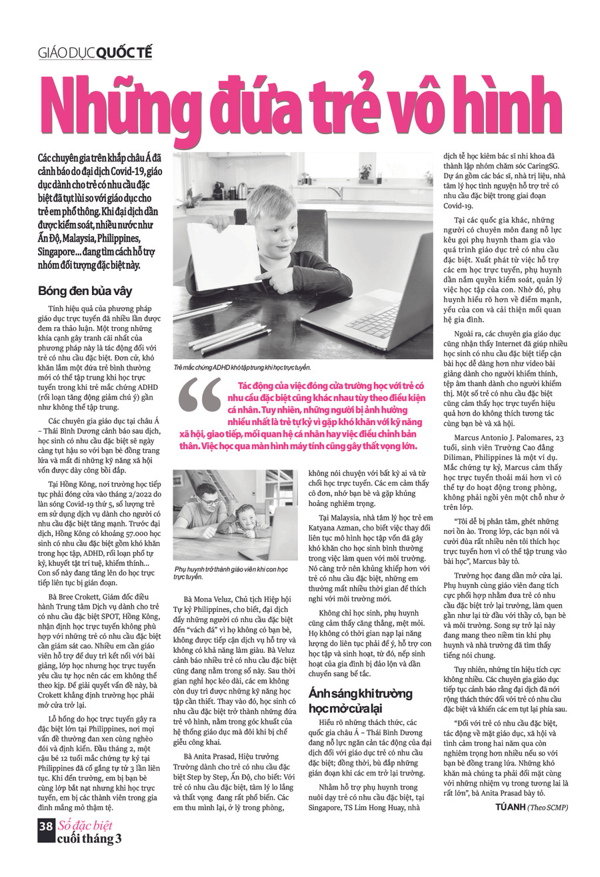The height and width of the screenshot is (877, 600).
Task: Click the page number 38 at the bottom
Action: pos(46,826)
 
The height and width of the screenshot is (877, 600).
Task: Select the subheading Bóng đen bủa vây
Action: pos(85,291)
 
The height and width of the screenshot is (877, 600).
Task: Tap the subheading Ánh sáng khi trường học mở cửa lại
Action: pos(360,700)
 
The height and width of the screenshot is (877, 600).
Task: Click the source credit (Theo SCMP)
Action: pos(547,807)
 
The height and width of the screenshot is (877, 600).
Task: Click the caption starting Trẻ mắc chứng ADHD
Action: pos(241,367)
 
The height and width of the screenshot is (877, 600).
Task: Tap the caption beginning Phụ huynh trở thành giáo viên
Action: pos(230,573)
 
